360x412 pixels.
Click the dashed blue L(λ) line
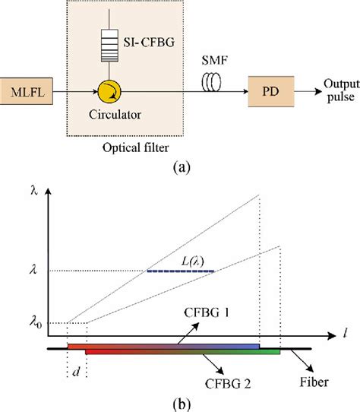[181, 271]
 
